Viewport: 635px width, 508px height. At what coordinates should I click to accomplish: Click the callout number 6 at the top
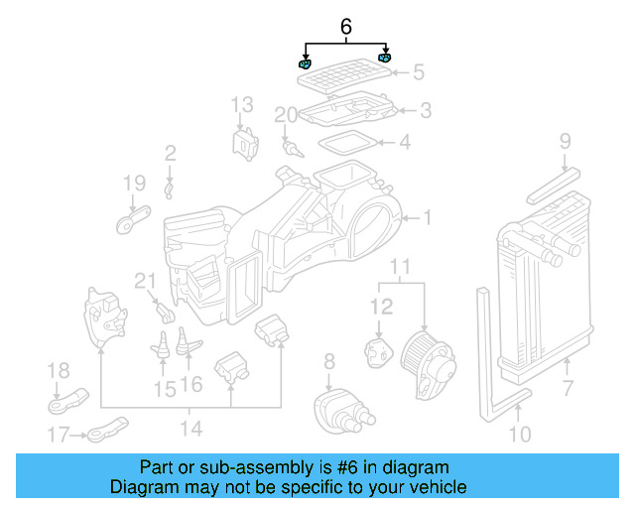point(345,27)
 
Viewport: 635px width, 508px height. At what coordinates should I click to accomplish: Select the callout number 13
point(243,104)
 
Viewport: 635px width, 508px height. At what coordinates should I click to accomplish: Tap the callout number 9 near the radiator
point(565,141)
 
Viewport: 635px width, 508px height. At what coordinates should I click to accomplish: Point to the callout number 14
point(190,429)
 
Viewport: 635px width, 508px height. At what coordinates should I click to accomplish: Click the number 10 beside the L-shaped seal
point(520,434)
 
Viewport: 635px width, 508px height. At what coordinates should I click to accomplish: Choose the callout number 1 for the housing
point(427,217)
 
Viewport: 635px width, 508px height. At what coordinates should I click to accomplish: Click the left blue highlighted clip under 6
point(305,64)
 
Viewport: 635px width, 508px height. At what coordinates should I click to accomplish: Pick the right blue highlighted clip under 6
point(385,59)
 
